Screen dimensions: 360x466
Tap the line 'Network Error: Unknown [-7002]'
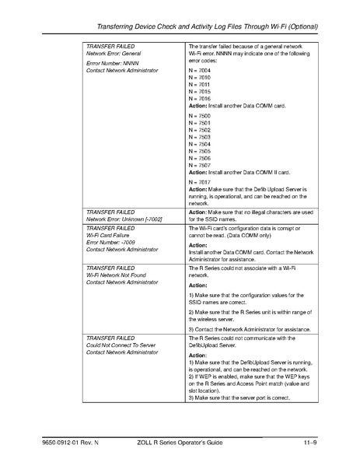coord(124,219)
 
